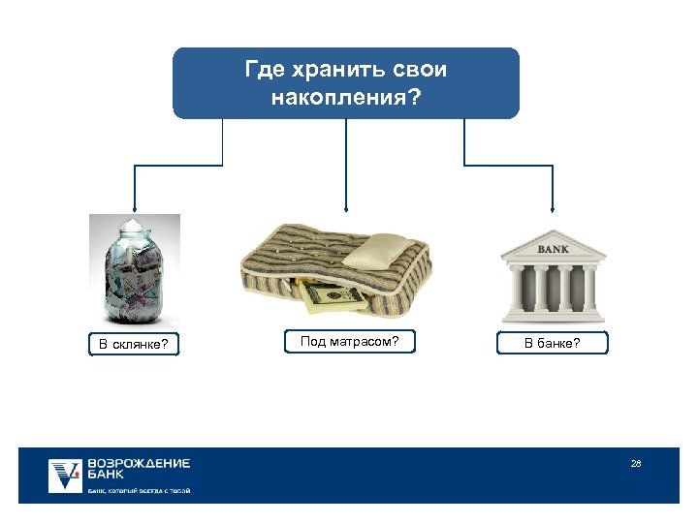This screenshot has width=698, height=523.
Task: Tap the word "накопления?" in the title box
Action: click(x=346, y=97)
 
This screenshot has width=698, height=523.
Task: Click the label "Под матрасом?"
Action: click(x=349, y=341)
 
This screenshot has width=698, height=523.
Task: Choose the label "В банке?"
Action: click(x=553, y=343)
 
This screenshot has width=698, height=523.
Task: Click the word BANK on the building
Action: click(x=553, y=249)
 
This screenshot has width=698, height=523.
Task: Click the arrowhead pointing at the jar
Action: click(x=135, y=207)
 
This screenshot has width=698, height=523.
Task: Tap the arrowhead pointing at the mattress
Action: click(x=346, y=207)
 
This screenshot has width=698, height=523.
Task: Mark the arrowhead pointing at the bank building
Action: click(x=553, y=207)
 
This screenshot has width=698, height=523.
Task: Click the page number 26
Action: click(x=636, y=464)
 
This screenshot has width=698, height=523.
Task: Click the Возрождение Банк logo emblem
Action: click(x=66, y=476)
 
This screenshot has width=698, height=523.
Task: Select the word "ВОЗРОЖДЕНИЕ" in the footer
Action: click(x=139, y=464)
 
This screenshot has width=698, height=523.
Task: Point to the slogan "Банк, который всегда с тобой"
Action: click(x=139, y=491)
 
